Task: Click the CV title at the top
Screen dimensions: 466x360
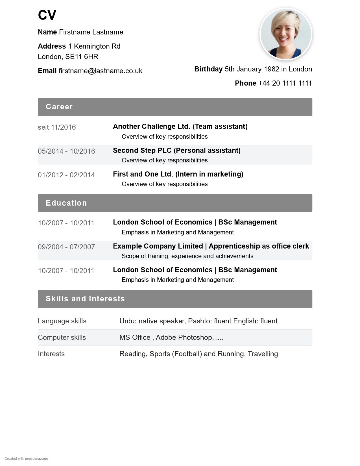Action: tap(47, 15)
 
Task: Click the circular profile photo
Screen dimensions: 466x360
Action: tap(286, 34)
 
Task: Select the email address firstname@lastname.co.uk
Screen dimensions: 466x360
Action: tap(100, 71)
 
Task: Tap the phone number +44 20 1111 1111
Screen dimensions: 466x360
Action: tap(285, 83)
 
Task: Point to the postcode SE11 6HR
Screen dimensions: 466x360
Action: tap(82, 57)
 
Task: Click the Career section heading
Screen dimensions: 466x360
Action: tap(59, 107)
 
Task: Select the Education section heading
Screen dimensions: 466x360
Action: tap(66, 203)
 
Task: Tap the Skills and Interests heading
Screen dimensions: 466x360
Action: tap(85, 299)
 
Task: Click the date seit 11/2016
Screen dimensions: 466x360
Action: tap(57, 127)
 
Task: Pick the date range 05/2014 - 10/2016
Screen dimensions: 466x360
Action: tap(66, 151)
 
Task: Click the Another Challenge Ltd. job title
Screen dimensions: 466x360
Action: tap(180, 127)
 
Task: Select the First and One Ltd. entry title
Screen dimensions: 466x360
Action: tap(178, 174)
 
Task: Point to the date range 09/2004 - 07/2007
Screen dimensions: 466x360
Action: tap(66, 247)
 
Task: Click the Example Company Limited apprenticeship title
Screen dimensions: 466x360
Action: tap(211, 246)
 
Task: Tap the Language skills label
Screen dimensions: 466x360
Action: tap(62, 321)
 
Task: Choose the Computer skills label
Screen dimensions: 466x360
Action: tap(62, 337)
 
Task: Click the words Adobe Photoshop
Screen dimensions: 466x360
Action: tap(184, 337)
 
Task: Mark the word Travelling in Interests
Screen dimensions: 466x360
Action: tap(263, 354)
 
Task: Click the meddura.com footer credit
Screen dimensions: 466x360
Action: tap(36, 459)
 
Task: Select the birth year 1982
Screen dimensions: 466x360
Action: tap(271, 69)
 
